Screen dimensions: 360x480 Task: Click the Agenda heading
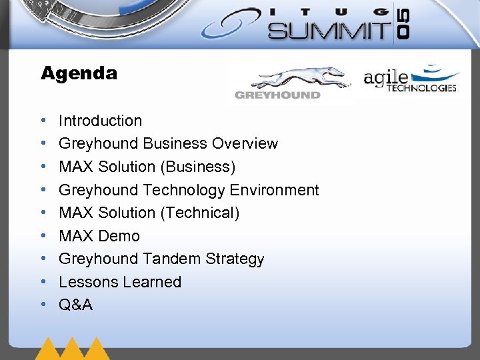[x=79, y=73]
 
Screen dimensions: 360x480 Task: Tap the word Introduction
[x=100, y=121]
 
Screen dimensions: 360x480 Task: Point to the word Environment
[x=274, y=190]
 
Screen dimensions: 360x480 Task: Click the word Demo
[x=119, y=236]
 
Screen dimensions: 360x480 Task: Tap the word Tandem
[x=165, y=259]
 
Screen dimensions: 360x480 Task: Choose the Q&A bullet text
[x=75, y=305]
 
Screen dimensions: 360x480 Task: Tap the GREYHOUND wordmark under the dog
[x=277, y=95]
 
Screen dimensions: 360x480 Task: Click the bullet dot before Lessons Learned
[x=43, y=282]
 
